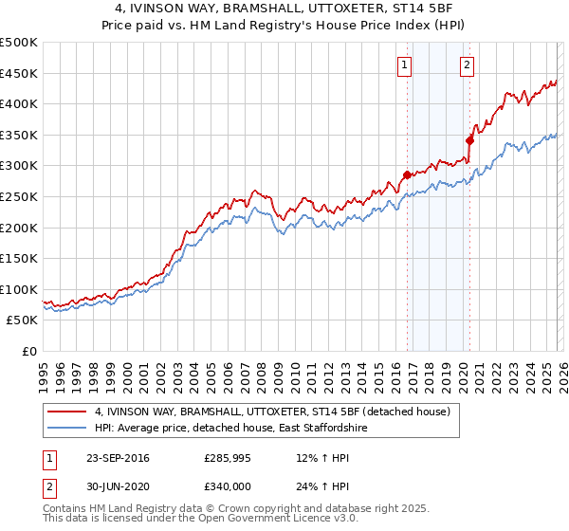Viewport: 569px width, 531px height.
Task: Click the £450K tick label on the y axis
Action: [x=19, y=73]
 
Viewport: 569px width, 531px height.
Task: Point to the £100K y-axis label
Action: [x=19, y=289]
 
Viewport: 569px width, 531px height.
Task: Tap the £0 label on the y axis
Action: [x=28, y=351]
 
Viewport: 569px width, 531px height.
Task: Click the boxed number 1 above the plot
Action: [x=405, y=65]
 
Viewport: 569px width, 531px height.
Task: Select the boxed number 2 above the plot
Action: [x=468, y=65]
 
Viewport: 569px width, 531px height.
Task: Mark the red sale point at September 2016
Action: [x=407, y=174]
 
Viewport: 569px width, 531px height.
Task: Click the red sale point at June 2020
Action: [x=469, y=140]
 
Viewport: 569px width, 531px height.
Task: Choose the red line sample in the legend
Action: [x=67, y=412]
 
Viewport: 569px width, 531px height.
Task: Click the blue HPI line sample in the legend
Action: [x=67, y=429]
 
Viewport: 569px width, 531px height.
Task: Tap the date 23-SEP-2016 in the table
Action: [x=118, y=458]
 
